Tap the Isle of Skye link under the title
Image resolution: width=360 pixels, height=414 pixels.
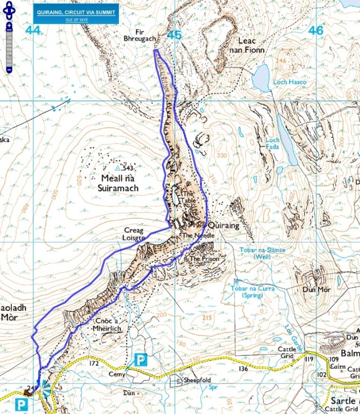click(76, 21)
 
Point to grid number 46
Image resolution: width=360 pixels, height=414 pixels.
click(316, 31)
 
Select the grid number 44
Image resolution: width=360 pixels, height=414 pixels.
click(33, 31)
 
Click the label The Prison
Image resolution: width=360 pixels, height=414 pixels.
click(202, 258)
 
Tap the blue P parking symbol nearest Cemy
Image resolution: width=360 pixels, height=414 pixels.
click(140, 360)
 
